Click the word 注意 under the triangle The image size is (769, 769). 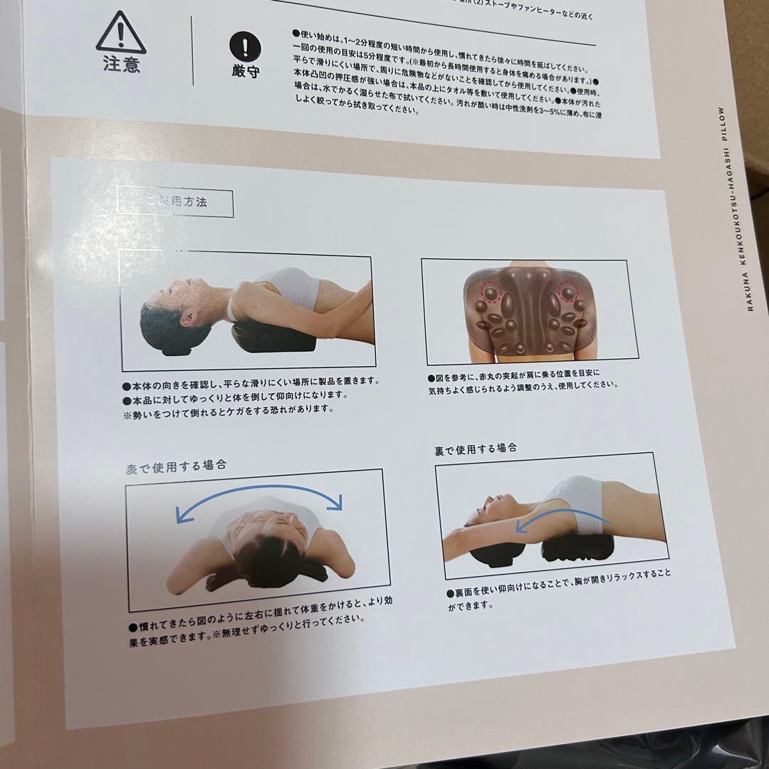[121, 65]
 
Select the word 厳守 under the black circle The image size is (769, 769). [246, 72]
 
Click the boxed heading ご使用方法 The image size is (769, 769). [175, 202]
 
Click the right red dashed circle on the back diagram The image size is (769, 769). [569, 291]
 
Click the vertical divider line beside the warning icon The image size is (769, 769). [192, 50]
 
